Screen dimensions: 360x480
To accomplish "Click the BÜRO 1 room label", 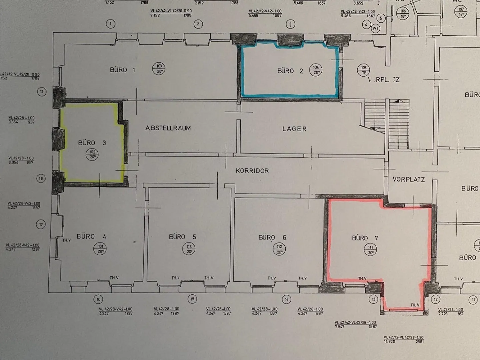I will pyautogui.click(x=123, y=70).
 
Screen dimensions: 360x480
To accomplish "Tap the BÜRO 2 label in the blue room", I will pyautogui.click(x=290, y=71).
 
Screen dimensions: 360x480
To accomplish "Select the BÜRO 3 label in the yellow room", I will pyautogui.click(x=92, y=143).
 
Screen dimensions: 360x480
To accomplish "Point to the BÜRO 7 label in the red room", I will pyautogui.click(x=365, y=238).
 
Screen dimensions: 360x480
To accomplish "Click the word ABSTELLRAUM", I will pyautogui.click(x=168, y=128).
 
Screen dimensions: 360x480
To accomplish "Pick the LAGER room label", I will pyautogui.click(x=294, y=129).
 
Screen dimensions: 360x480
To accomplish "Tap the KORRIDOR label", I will pyautogui.click(x=252, y=171).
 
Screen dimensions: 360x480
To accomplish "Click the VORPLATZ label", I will pyautogui.click(x=409, y=180).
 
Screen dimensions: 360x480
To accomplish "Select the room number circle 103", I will pyautogui.click(x=159, y=69).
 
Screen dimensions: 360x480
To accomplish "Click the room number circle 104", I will pyautogui.click(x=316, y=70).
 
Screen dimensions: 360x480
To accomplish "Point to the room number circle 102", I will pyautogui.click(x=92, y=155).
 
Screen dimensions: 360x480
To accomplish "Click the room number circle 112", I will pyautogui.click(x=279, y=249).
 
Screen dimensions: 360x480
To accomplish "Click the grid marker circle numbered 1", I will pyautogui.click(x=110, y=24).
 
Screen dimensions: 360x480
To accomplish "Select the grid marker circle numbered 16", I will pyautogui.click(x=98, y=299).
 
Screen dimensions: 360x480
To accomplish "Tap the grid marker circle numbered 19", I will pyautogui.click(x=41, y=92).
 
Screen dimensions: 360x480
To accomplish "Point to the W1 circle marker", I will pyautogui.click(x=376, y=28).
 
